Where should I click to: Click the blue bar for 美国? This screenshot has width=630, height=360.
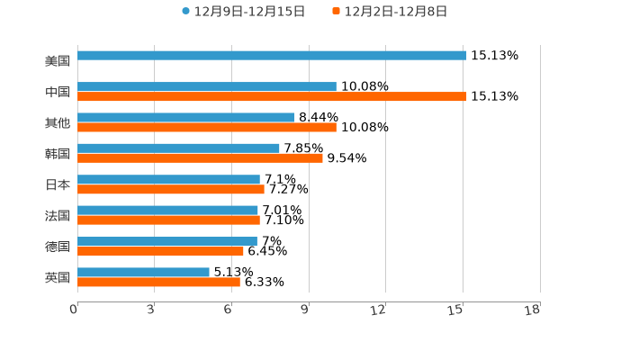point(272,56)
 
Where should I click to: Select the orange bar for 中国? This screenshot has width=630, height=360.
point(272,96)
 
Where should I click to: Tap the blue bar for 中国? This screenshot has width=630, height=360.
point(207,86)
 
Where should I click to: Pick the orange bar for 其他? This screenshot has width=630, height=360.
point(207,128)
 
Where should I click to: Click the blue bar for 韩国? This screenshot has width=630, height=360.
point(178,148)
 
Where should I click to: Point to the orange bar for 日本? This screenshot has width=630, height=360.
point(171,189)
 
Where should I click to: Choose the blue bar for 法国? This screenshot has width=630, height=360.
point(167,211)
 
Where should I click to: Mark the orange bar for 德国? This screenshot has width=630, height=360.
point(160,251)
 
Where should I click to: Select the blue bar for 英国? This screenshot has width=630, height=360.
point(143,272)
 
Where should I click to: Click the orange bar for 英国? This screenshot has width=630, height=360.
point(158,282)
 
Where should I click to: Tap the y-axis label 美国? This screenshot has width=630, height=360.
point(58,61)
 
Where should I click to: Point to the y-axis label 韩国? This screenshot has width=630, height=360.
point(58,154)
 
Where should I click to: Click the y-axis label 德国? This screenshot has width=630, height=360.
point(58,247)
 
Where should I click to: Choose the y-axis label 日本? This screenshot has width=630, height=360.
point(58,184)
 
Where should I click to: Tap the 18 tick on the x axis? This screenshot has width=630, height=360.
point(533,310)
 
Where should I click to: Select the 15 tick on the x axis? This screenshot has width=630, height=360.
point(456,310)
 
